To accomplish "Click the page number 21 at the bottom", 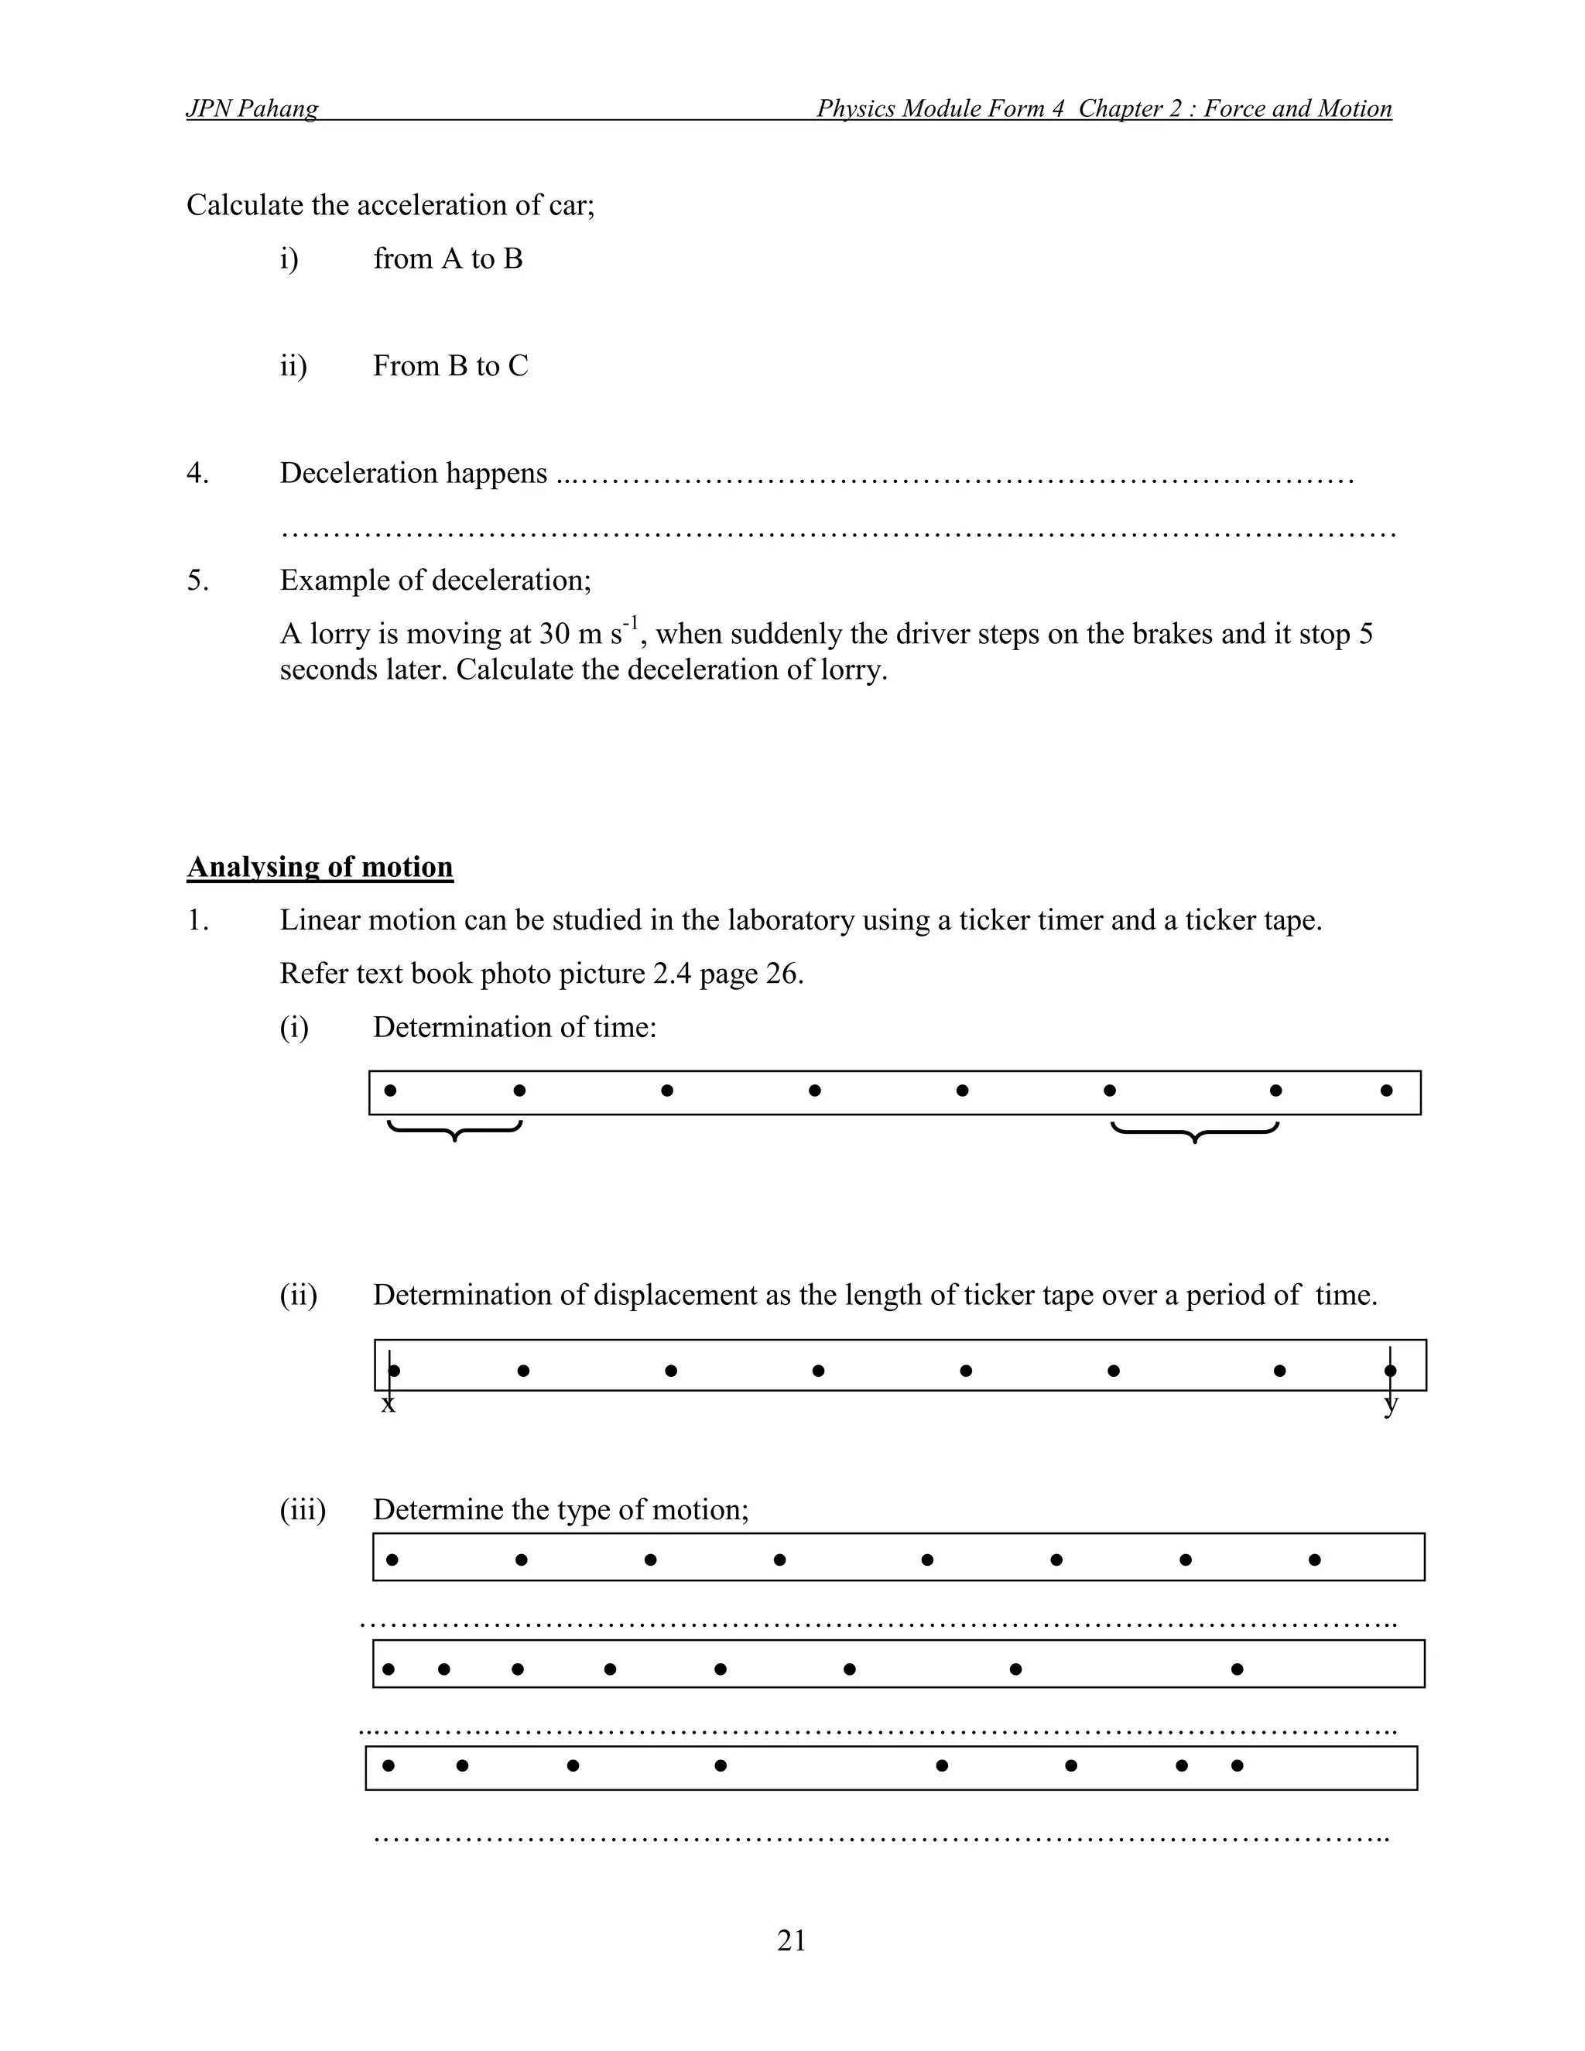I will [x=791, y=1940].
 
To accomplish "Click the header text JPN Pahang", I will [x=252, y=109].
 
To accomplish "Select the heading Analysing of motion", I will [x=320, y=866].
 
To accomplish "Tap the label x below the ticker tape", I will [x=388, y=1405].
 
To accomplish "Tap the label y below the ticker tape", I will [x=1391, y=1406].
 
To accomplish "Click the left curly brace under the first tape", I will [x=454, y=1130].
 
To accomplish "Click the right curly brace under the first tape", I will [x=1194, y=1131].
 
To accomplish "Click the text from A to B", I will [x=447, y=259].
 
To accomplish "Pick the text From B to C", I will [x=450, y=365].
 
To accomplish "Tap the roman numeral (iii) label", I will [x=303, y=1509].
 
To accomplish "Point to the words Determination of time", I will [x=514, y=1026].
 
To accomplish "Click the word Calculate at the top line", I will [x=246, y=205].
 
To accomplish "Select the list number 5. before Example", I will [x=197, y=580].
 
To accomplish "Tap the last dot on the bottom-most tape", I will [x=1237, y=1765].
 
